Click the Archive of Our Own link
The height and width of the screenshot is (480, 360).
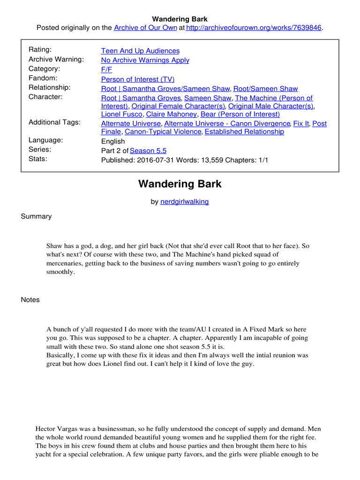point(145,28)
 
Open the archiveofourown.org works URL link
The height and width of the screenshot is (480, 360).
point(254,28)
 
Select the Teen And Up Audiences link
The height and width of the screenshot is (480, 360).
point(140,51)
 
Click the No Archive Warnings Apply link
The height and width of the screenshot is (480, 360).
point(145,60)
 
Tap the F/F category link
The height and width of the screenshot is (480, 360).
point(106,69)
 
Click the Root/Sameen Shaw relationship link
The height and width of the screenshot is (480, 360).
point(265,89)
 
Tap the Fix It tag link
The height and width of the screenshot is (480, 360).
point(301,124)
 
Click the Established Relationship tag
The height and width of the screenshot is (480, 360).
point(244,132)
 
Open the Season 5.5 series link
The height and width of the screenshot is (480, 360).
point(148,150)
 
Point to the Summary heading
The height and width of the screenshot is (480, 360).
point(36,217)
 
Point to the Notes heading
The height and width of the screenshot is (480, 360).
point(30,300)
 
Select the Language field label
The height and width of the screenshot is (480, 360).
point(46,140)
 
